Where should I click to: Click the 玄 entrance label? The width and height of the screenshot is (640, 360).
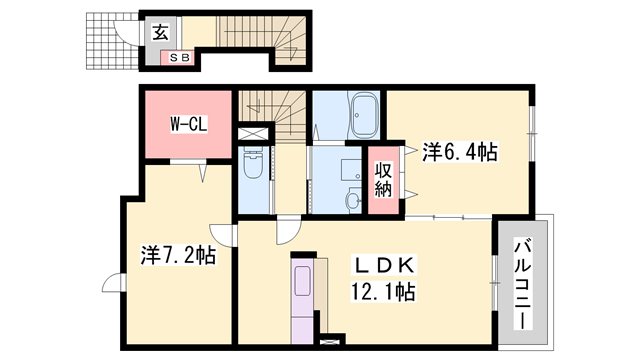point(159,31)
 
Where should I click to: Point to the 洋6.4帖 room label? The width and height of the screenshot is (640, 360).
point(459,152)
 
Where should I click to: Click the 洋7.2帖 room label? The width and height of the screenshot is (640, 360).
point(177,255)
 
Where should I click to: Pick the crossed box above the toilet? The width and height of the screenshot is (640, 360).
point(254,132)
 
